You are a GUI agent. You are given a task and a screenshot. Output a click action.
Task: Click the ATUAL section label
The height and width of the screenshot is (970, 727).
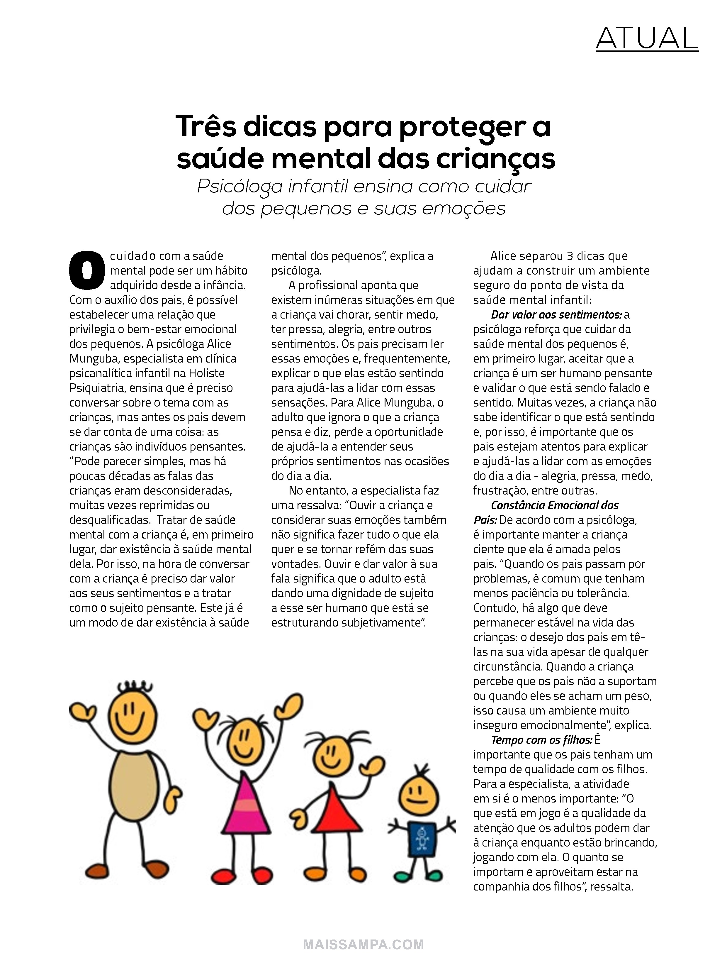(646, 39)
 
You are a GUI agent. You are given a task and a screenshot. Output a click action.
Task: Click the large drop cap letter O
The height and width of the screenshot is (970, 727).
(87, 270)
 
